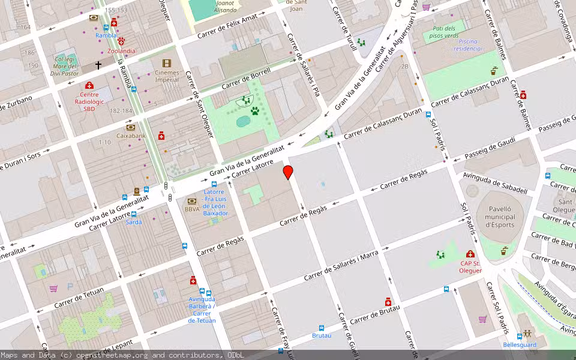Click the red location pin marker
[x=288, y=172]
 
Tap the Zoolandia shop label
[x=118, y=51]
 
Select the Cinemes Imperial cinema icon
[x=166, y=63]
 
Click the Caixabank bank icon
[x=130, y=127]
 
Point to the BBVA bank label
[x=192, y=209]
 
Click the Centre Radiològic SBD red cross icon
[x=89, y=86]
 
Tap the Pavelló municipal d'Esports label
[x=499, y=217]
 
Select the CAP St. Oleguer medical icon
[x=470, y=254]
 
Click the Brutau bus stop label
[x=322, y=335]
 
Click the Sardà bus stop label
[x=134, y=222]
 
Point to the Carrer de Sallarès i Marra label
[x=341, y=266]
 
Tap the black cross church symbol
[x=98, y=65]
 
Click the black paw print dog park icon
[x=254, y=111]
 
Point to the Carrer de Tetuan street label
[x=79, y=298]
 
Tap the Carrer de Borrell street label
[x=246, y=79]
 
